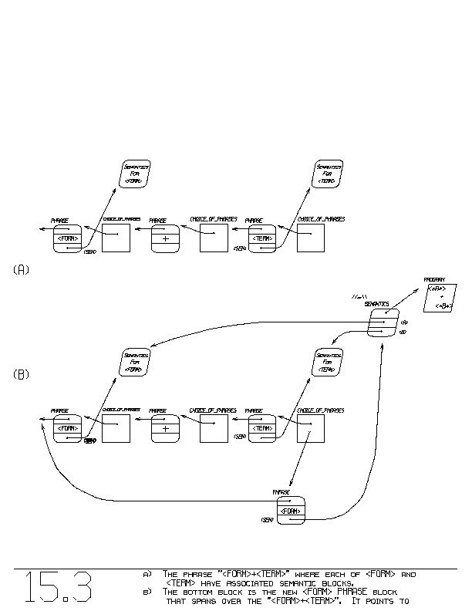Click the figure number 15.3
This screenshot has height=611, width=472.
click(58, 589)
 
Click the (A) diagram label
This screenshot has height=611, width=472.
click(22, 270)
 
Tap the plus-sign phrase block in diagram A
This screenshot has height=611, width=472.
click(165, 238)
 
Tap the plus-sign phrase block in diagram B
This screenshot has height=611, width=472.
click(165, 428)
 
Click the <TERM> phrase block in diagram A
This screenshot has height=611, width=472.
click(262, 238)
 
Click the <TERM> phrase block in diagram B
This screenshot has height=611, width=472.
click(262, 428)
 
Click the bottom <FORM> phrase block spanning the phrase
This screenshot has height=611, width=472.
click(291, 511)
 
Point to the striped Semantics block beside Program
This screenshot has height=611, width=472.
click(383, 322)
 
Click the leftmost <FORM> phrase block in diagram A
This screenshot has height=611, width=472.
click(67, 238)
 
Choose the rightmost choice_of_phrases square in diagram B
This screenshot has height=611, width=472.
click(311, 427)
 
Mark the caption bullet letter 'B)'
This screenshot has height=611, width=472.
click(147, 592)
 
